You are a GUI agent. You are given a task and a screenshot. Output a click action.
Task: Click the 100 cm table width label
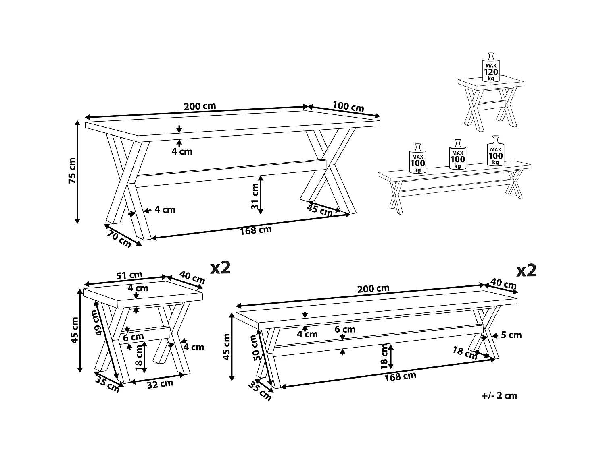[348, 106]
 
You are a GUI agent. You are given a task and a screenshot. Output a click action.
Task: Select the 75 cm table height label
[72, 170]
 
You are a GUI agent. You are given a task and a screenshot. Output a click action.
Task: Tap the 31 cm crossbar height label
[255, 196]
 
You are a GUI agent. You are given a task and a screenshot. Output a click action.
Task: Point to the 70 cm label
[119, 240]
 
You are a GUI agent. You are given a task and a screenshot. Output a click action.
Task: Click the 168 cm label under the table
[256, 231]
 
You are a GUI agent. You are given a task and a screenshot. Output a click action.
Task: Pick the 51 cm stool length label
[129, 275]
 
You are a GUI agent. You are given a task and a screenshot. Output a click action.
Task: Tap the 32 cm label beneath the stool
[160, 384]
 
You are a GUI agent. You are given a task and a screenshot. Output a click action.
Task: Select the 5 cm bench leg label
[511, 335]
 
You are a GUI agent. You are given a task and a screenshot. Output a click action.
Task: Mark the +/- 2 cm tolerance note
[499, 395]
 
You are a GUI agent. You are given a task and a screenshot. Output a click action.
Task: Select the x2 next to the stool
[220, 267]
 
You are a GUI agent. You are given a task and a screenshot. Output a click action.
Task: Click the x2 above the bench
[526, 271]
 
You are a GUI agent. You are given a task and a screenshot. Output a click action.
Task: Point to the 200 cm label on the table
[200, 106]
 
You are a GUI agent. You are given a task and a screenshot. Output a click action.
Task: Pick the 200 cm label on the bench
[373, 288]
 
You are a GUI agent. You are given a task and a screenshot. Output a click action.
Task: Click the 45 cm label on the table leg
[319, 210]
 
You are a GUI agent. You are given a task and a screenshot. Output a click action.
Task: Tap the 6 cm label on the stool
[134, 337]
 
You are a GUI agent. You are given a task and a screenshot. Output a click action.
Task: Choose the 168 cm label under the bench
[400, 376]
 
